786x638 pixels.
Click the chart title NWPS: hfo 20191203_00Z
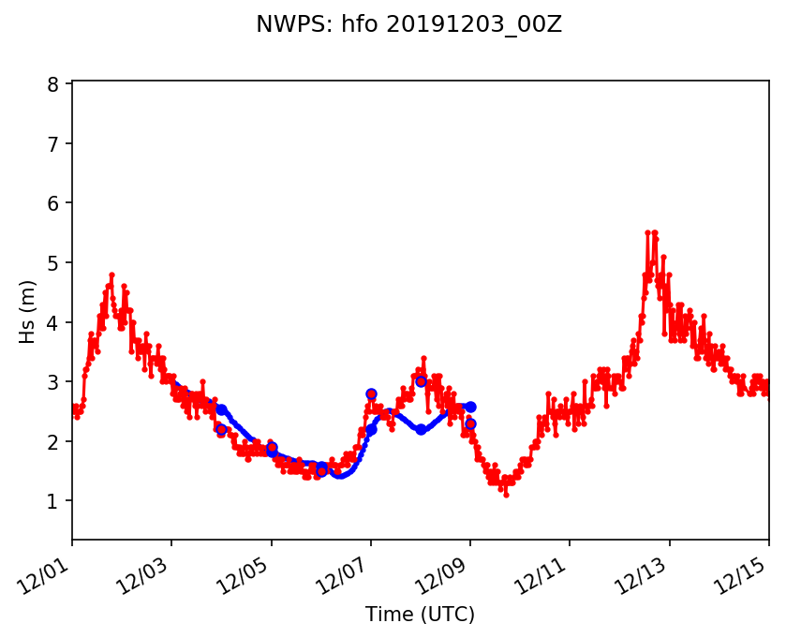(x=408, y=25)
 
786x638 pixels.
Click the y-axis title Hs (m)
(x=28, y=311)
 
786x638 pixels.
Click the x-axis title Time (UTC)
(x=421, y=615)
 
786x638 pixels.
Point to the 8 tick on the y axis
(x=53, y=84)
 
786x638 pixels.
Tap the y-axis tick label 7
(x=53, y=143)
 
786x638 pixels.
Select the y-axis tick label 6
(x=53, y=203)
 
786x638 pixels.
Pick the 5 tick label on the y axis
(x=53, y=263)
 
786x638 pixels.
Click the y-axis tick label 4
(x=53, y=322)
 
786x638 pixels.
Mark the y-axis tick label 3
(x=53, y=382)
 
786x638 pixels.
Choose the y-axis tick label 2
(x=53, y=441)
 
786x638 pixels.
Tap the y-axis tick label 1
(x=53, y=501)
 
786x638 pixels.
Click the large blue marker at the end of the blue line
(x=470, y=407)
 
